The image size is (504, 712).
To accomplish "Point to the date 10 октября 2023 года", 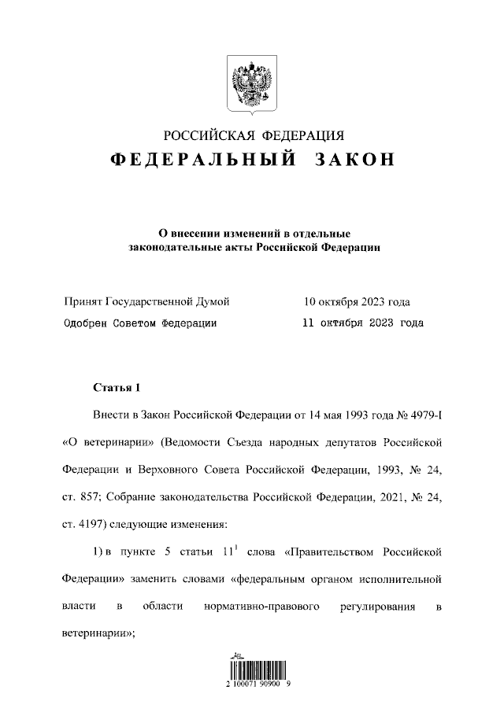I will tap(357, 302).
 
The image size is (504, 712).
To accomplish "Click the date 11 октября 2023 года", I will tap(363, 323).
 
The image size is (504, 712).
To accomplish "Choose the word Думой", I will tap(212, 302).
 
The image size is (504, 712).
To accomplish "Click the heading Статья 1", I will tap(116, 388).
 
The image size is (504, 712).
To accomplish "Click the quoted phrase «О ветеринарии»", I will tap(107, 442).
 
